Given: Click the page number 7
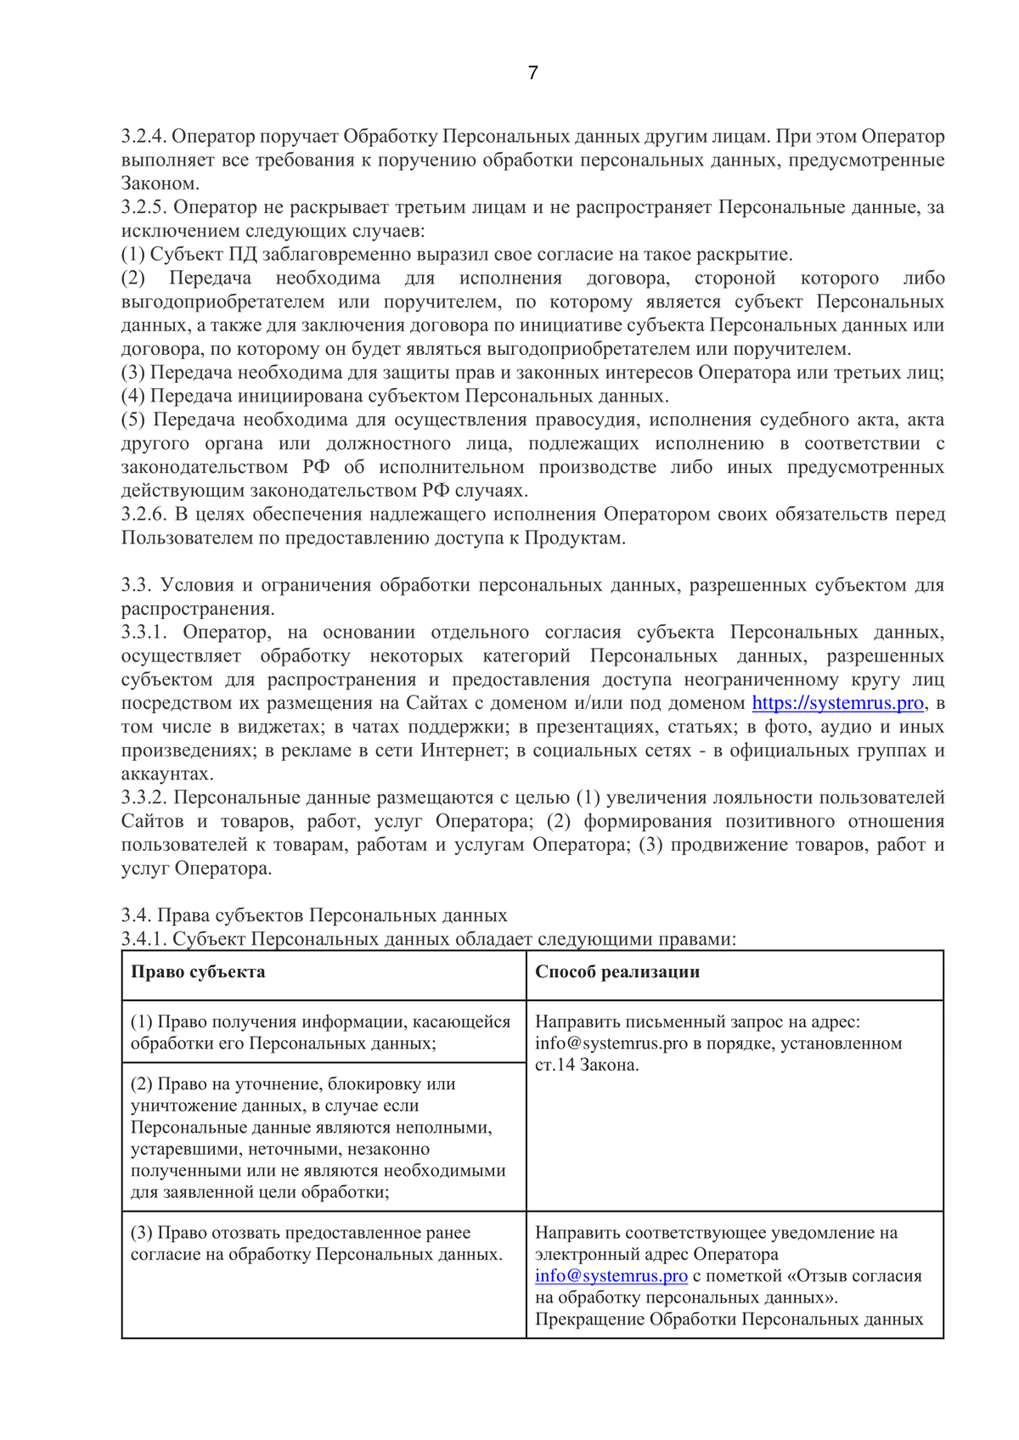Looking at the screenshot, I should coord(532,73).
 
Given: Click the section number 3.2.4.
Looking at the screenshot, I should coord(144,137).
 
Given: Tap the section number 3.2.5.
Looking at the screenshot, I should coord(144,207).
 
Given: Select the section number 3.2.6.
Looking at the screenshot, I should coord(144,515).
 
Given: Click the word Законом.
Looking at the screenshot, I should coord(160,183).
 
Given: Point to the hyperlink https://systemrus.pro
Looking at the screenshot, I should coord(837,703).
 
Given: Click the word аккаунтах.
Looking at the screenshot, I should coord(166,774).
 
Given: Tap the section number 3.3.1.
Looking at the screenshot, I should coord(144,633).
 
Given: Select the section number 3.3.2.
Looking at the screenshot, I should coord(144,798).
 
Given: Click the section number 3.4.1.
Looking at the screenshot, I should coord(144,939).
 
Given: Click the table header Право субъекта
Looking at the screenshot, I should coord(198,972).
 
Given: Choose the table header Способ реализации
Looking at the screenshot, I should coord(617,972).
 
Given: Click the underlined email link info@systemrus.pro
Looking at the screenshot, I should coord(611,1276).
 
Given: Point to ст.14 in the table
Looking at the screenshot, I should coord(555,1066).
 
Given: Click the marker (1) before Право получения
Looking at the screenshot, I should coord(141,1022).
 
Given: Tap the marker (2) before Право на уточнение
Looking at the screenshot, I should coord(141,1084).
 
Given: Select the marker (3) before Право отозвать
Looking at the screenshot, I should coord(141,1233).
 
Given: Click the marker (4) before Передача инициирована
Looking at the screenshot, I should coord(133,397).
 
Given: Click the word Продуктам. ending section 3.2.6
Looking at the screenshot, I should coord(575,538).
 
